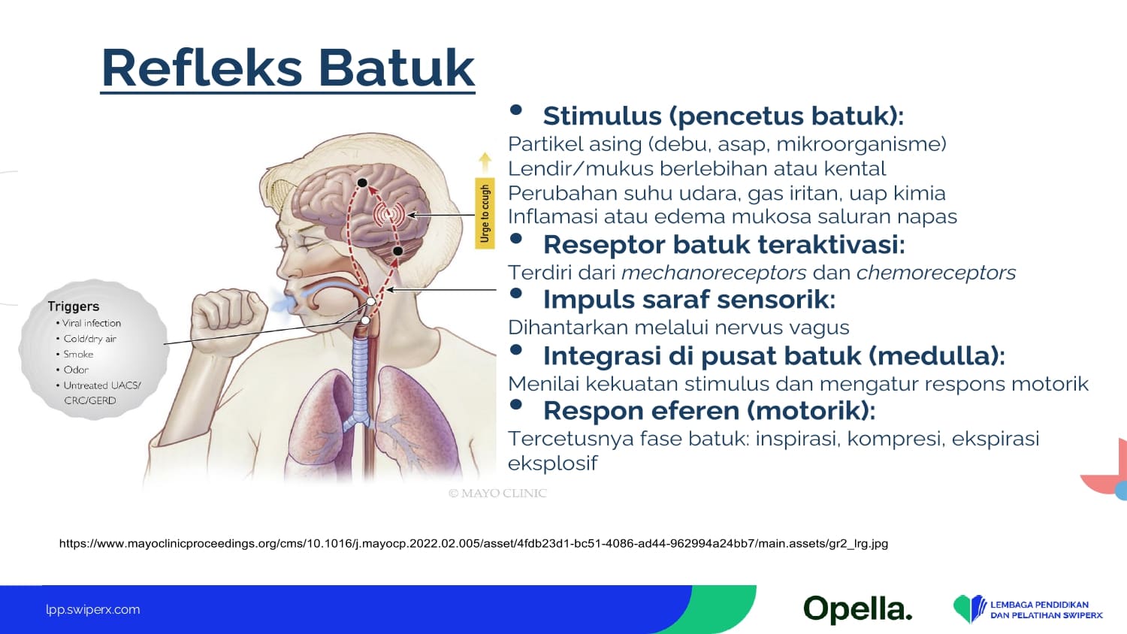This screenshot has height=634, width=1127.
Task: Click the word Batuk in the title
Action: tap(397, 68)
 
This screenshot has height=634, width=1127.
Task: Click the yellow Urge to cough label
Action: tap(485, 213)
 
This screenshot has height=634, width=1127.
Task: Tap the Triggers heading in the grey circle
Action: tap(74, 306)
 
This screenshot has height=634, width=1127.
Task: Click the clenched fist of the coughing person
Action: tap(229, 318)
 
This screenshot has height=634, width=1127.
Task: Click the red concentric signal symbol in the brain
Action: tap(388, 215)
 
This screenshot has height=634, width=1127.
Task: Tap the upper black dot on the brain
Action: tap(362, 183)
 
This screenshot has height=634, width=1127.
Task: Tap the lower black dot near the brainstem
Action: tap(397, 251)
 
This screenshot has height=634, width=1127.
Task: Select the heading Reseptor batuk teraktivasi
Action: tap(724, 245)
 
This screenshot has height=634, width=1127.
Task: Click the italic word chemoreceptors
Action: tap(936, 273)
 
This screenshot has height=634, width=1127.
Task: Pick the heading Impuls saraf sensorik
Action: tap(689, 300)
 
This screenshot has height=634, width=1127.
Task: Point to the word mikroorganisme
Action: tap(861, 144)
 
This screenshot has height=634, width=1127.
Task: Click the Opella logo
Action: tap(858, 609)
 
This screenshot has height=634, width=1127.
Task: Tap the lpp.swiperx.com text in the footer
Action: tap(93, 610)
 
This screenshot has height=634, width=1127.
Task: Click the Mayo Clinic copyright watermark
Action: tap(497, 493)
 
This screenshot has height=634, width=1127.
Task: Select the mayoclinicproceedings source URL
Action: tap(473, 543)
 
